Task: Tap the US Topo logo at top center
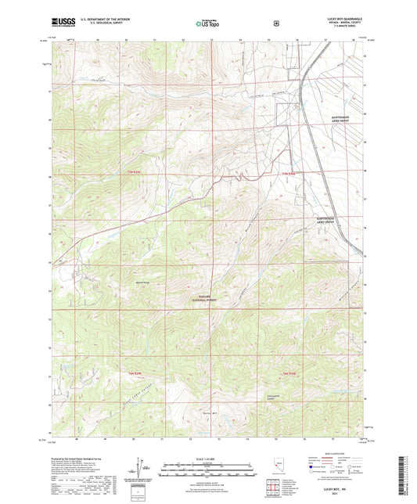pos(208,23)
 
